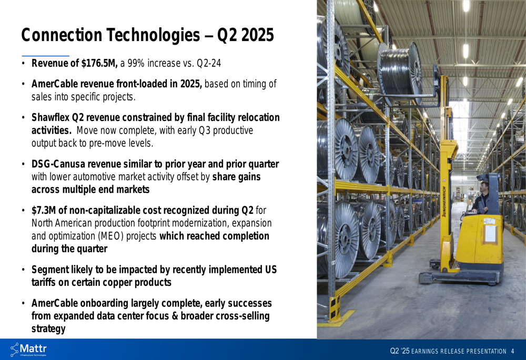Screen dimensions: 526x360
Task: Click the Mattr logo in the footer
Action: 28,349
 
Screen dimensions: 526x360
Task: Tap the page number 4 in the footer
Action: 512,351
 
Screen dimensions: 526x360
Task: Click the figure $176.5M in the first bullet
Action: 99,63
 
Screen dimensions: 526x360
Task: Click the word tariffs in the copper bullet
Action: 44,283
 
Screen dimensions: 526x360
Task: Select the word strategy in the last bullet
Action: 48,329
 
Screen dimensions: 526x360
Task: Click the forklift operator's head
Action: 483,186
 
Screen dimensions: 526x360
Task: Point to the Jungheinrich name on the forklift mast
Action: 444,201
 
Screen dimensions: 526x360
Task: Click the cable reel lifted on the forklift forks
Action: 400,73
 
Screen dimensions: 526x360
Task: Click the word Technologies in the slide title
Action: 153,35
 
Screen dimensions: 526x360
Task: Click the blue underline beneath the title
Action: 46,56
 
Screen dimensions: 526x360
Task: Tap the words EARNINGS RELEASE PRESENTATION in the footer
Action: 459,351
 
